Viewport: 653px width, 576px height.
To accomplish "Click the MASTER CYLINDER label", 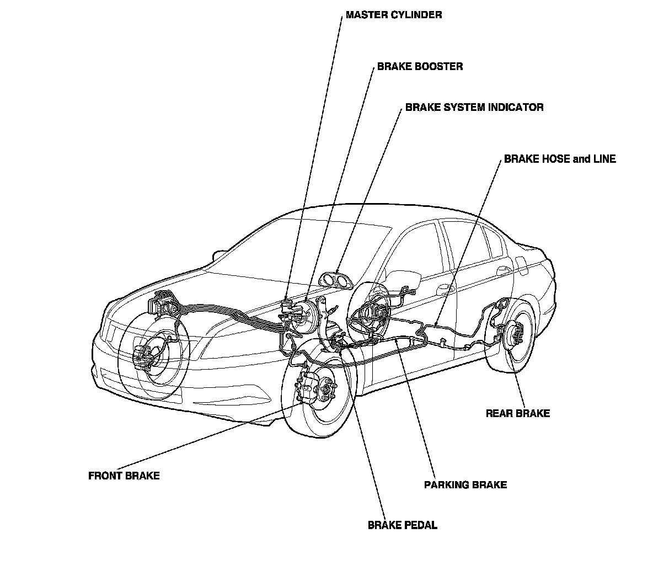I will pyautogui.click(x=393, y=15).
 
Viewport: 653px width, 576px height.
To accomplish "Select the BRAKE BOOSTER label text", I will pyautogui.click(x=420, y=67).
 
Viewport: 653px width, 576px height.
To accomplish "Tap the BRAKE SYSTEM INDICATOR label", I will pyautogui.click(x=474, y=108).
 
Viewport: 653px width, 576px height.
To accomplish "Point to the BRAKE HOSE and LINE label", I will pyautogui.click(x=559, y=159).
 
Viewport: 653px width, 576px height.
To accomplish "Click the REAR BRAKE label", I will pyautogui.click(x=517, y=413).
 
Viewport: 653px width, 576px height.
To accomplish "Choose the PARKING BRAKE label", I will pyautogui.click(x=465, y=485).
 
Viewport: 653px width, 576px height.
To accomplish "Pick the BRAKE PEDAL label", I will pyautogui.click(x=402, y=525).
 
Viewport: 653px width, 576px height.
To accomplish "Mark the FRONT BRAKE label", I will pyautogui.click(x=124, y=476).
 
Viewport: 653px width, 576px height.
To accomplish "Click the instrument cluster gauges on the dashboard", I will pyautogui.click(x=336, y=280).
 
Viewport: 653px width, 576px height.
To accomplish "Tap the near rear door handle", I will pyautogui.click(x=444, y=289).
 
